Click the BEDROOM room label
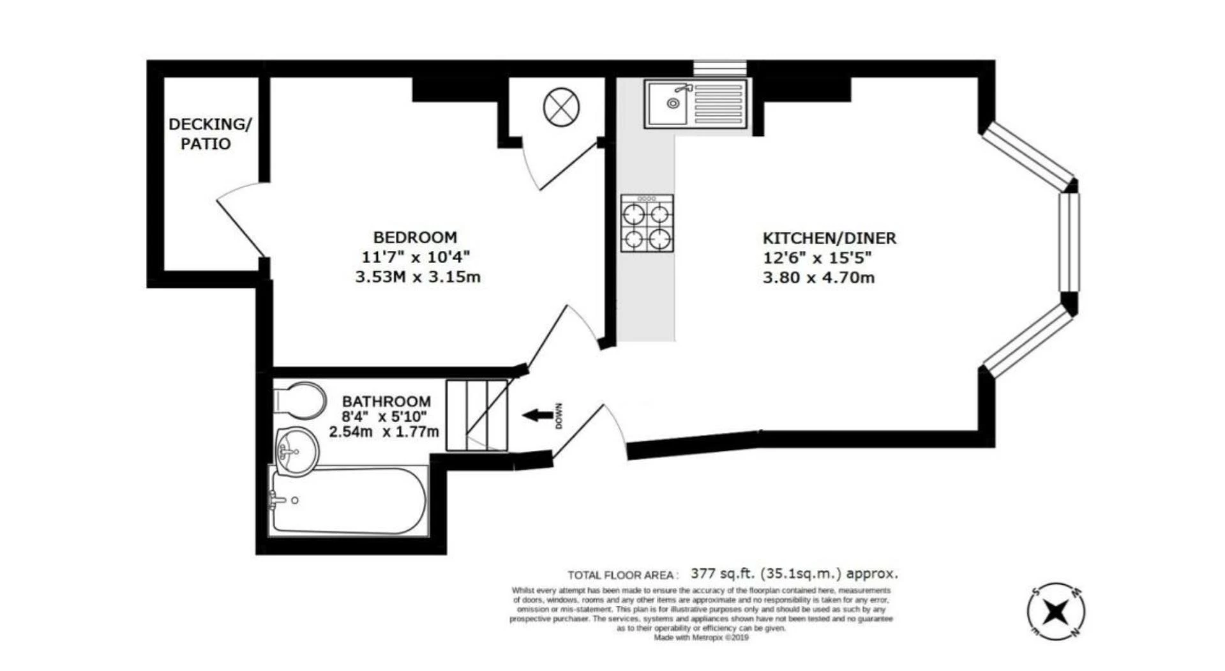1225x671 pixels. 415,237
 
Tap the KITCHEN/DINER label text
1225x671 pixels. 829,238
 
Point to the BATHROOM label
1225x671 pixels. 386,402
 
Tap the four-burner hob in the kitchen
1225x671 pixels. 647,223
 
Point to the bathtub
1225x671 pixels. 348,501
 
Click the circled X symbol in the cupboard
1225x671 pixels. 561,106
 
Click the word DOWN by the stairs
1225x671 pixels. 559,416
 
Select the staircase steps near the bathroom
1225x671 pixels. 476,415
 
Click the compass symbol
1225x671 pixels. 1056,612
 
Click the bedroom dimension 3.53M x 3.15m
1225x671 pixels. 417,277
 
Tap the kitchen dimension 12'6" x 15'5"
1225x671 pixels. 817,258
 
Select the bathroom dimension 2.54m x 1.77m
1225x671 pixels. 384,432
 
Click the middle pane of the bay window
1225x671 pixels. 1069,241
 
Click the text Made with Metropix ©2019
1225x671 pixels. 700,637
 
